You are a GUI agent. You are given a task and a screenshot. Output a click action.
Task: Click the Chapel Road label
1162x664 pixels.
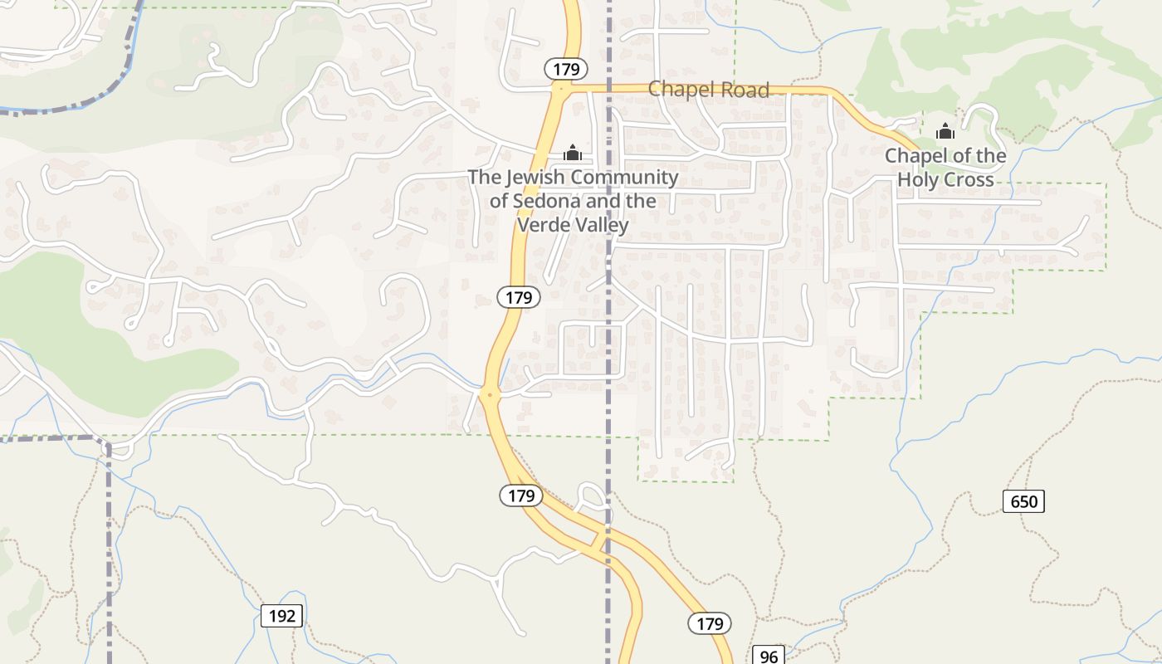(709, 90)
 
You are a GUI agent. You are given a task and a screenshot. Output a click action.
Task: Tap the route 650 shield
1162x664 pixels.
(1023, 501)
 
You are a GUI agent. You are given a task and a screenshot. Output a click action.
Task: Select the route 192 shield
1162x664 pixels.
(281, 616)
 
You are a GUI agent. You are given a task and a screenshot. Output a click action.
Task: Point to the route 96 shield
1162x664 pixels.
(769, 657)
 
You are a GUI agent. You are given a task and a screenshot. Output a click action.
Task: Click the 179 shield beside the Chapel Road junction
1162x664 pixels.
(566, 69)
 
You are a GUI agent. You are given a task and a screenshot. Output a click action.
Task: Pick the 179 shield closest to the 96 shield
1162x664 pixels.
(710, 623)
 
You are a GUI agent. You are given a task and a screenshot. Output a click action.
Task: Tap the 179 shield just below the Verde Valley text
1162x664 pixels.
(520, 296)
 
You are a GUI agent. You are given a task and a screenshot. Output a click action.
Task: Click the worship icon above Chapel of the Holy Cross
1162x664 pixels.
(945, 131)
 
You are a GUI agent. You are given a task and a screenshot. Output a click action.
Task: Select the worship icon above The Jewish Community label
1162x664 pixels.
(572, 153)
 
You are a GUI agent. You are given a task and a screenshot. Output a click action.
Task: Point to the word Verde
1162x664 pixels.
(544, 225)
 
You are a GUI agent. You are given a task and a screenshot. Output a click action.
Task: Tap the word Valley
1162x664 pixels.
(601, 225)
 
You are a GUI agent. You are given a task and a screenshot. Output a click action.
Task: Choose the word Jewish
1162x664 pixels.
(535, 177)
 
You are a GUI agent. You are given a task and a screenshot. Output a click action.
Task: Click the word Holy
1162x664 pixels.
(918, 179)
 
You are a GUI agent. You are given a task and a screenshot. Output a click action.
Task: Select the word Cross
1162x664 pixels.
(968, 179)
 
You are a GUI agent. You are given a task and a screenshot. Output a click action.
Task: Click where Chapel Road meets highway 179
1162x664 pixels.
(562, 87)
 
